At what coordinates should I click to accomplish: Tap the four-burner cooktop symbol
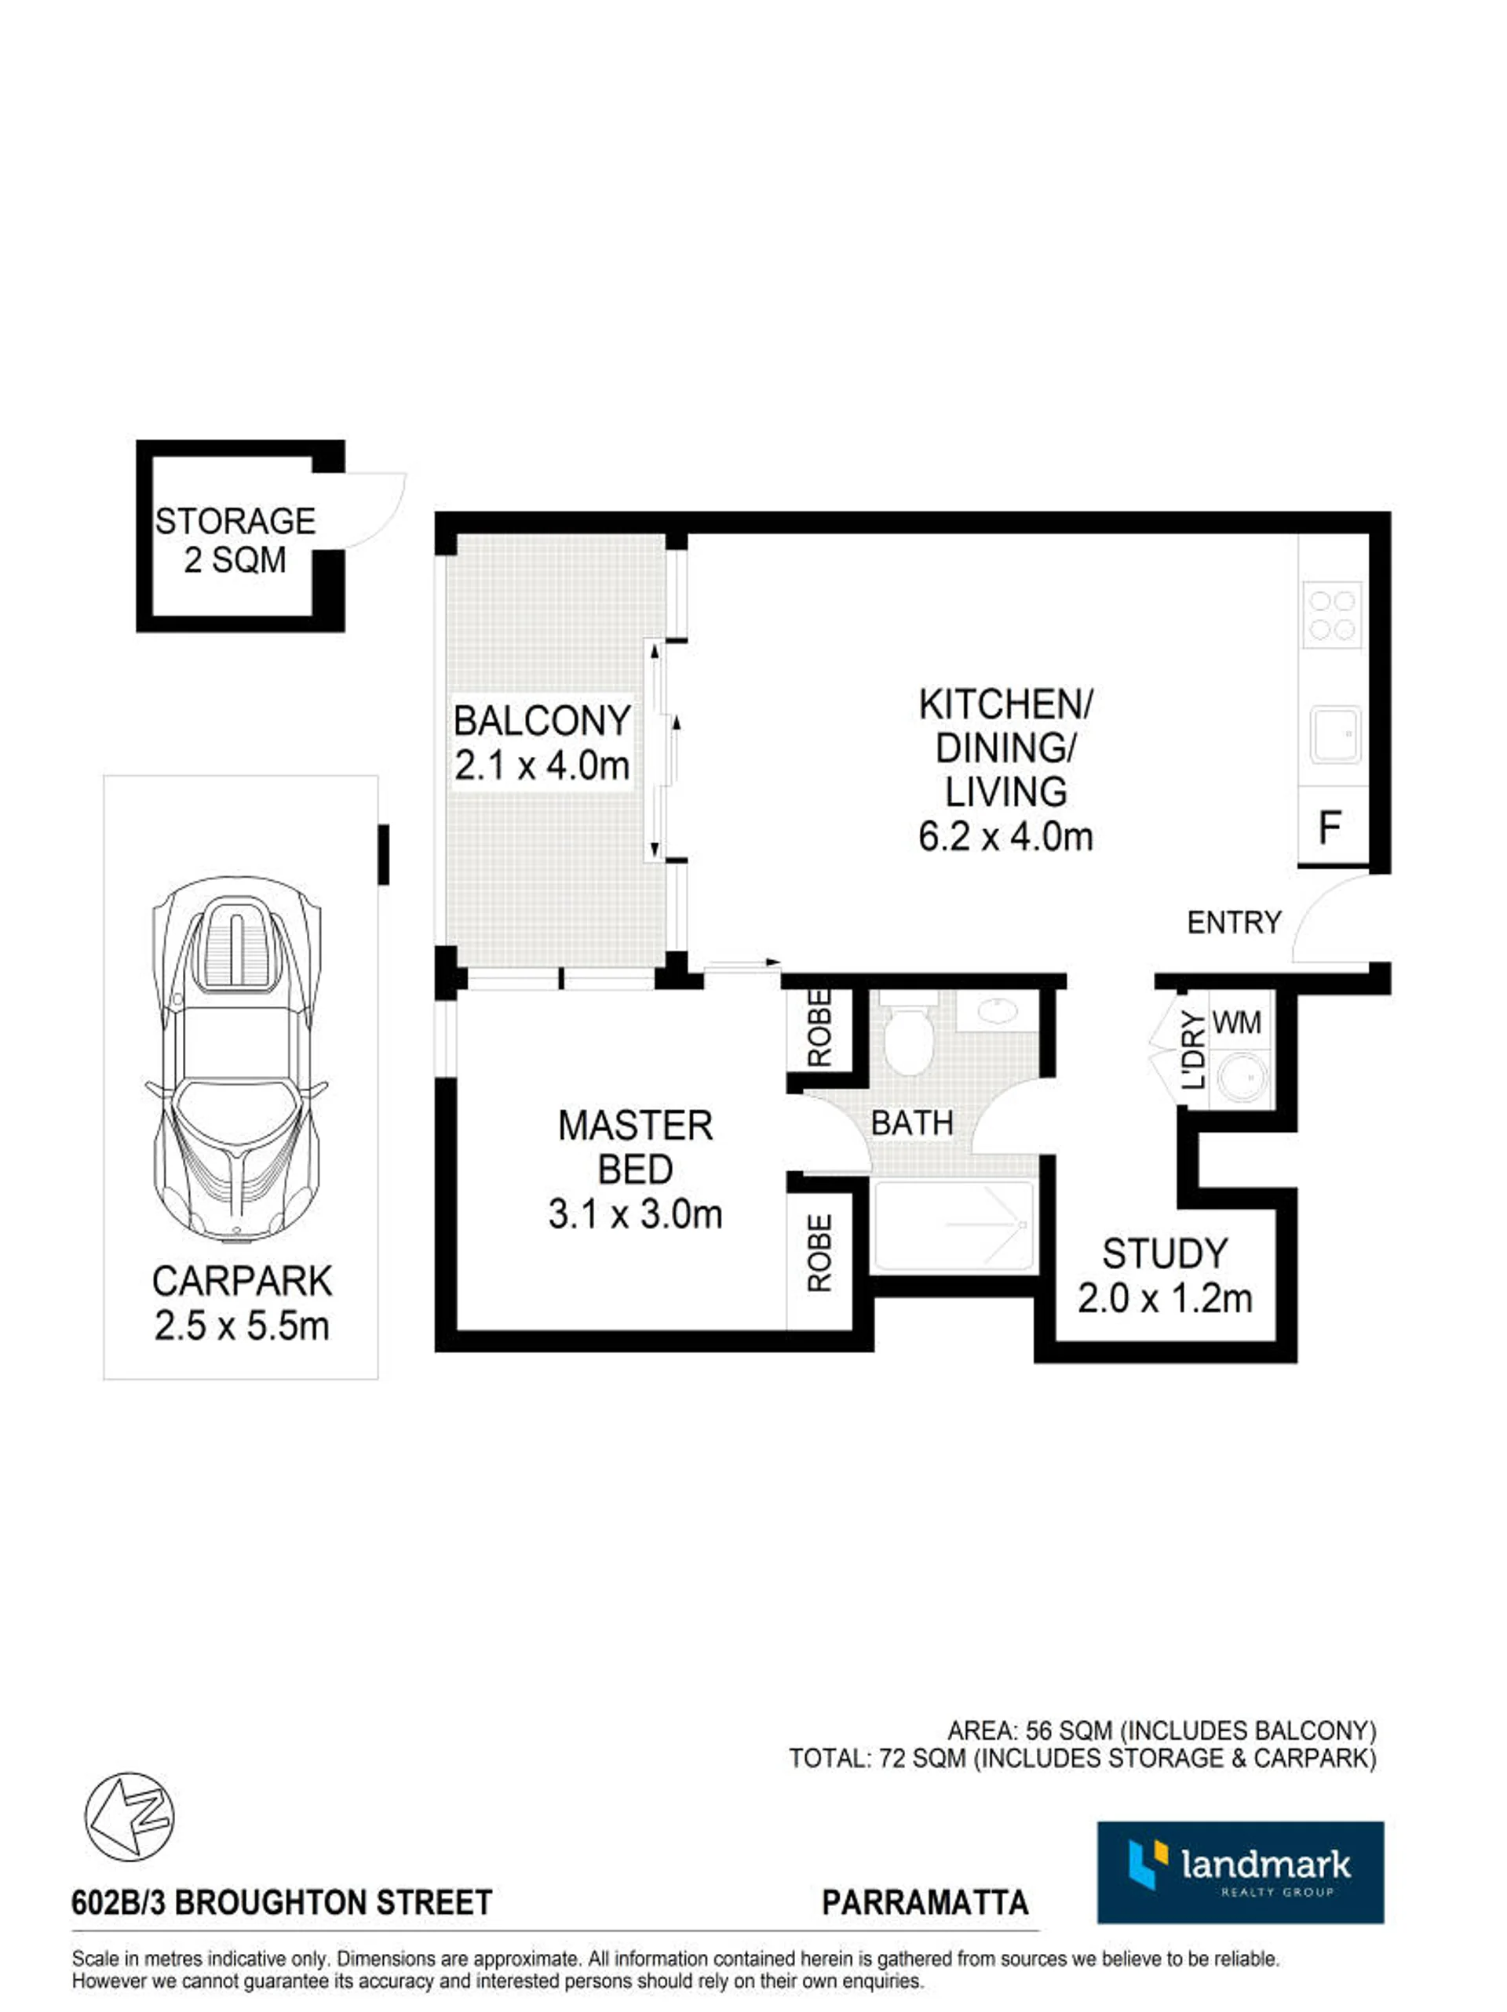(x=1332, y=614)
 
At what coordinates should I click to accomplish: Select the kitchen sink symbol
(x=1335, y=734)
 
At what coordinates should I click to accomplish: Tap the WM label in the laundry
(x=1237, y=1022)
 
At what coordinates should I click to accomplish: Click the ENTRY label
(x=1234, y=923)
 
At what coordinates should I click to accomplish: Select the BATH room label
(x=912, y=1123)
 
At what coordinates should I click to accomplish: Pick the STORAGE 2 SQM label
(x=235, y=540)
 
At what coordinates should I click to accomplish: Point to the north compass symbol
(x=130, y=1816)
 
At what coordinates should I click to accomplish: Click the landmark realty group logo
(x=1240, y=1872)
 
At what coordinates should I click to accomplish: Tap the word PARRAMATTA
(x=925, y=1903)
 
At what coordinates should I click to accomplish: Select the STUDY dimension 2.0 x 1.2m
(x=1165, y=1299)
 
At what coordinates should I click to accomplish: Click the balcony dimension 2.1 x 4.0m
(x=542, y=766)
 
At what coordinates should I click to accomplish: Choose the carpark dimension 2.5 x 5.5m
(x=241, y=1326)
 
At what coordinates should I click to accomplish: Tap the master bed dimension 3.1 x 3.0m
(x=635, y=1214)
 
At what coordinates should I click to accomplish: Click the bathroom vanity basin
(x=998, y=1010)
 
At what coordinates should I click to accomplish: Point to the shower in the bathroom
(x=954, y=1225)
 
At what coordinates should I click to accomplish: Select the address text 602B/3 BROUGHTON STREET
(x=282, y=1903)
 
